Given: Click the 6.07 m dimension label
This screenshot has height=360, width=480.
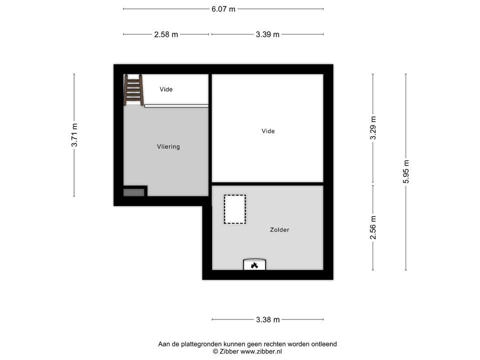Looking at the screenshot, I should (223, 9).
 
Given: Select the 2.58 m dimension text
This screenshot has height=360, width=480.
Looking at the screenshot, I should (166, 34).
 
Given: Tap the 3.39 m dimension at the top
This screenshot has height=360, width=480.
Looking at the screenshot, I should (267, 34).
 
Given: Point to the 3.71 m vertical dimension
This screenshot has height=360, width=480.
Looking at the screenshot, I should (74, 135).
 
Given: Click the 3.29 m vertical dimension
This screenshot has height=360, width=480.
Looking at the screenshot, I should (373, 129).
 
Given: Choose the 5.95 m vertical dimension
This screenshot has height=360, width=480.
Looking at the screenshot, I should (406, 171).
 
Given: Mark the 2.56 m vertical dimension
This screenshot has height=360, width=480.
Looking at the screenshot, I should (373, 227).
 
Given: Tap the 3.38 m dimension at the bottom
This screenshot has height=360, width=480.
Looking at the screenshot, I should (267, 319).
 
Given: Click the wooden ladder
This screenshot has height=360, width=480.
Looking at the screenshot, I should (133, 89).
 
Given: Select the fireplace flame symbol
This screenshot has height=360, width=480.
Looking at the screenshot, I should (254, 265).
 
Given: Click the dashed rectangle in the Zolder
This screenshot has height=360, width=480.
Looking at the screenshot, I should (235, 209).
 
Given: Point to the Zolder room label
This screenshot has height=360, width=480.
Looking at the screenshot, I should (279, 230).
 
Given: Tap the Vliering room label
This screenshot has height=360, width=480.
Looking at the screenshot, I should (168, 147).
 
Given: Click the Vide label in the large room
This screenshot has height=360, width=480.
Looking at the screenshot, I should (268, 131).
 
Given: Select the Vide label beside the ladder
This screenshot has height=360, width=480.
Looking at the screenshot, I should (166, 89).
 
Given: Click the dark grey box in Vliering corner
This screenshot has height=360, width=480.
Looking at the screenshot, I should (133, 192).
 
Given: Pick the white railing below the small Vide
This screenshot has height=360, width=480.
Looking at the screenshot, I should (176, 105).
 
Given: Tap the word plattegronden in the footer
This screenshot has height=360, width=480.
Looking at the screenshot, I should (200, 344).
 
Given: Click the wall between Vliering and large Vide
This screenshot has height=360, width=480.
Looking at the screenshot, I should (210, 135).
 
